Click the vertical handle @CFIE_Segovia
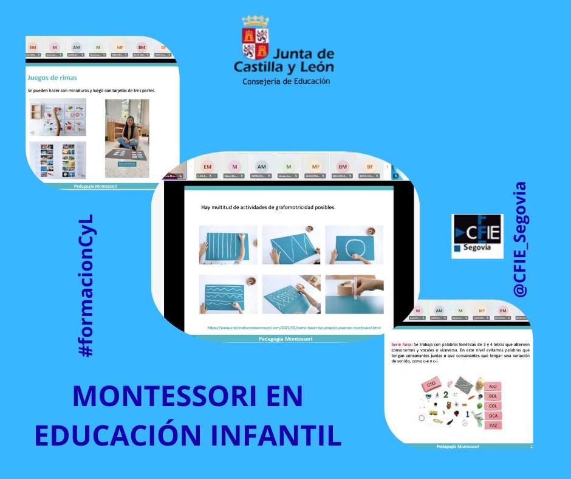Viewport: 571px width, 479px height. tap(520, 240)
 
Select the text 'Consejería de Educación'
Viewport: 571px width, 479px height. tap(286, 81)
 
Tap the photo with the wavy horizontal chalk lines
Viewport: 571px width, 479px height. tap(228, 294)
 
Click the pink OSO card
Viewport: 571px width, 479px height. tap(431, 384)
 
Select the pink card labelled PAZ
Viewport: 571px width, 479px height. tap(493, 426)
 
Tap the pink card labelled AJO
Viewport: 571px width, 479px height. tap(493, 386)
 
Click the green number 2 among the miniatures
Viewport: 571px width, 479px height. tap(446, 395)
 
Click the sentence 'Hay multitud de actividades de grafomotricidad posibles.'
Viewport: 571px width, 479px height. tap(268, 208)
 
